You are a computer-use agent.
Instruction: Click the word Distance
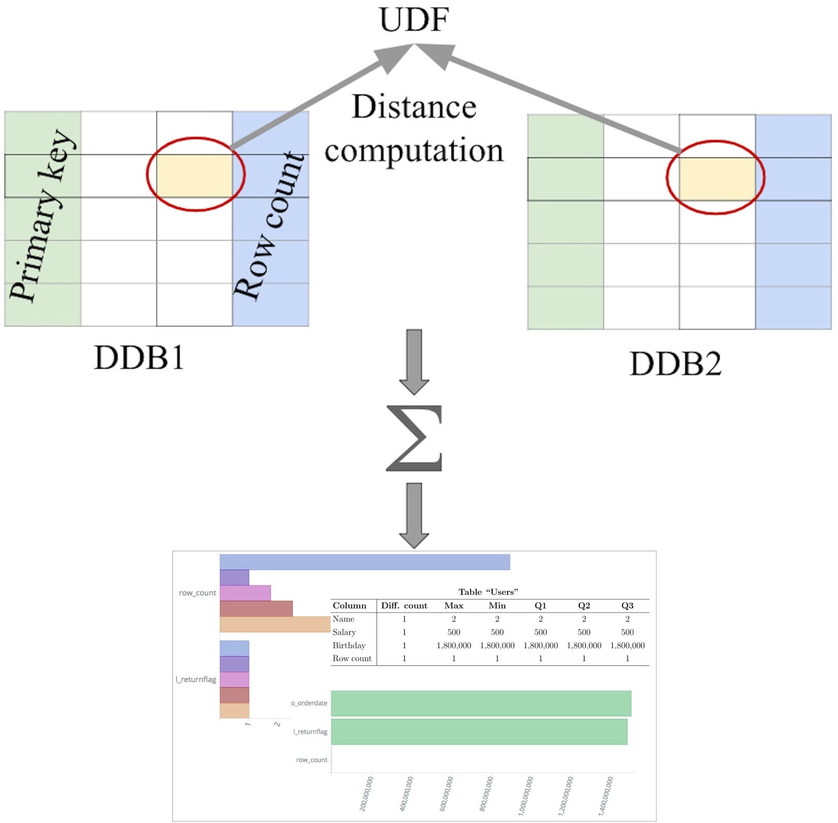tap(414, 107)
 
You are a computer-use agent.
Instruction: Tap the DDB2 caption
tap(675, 363)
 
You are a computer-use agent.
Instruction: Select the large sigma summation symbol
tap(414, 438)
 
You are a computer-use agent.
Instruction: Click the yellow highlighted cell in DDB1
tap(194, 175)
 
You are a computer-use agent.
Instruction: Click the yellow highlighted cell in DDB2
tap(716, 179)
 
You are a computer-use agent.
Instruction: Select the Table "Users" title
tap(488, 592)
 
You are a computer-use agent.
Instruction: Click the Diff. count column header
tap(404, 606)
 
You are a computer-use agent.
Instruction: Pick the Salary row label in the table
tap(344, 632)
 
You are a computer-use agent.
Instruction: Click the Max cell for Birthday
tap(454, 646)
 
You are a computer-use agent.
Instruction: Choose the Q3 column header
tap(627, 606)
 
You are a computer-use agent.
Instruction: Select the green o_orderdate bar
tap(481, 703)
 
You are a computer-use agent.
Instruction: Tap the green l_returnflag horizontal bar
tap(479, 731)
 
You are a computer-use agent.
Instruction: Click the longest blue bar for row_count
tap(365, 562)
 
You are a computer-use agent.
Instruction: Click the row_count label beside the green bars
tap(312, 760)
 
